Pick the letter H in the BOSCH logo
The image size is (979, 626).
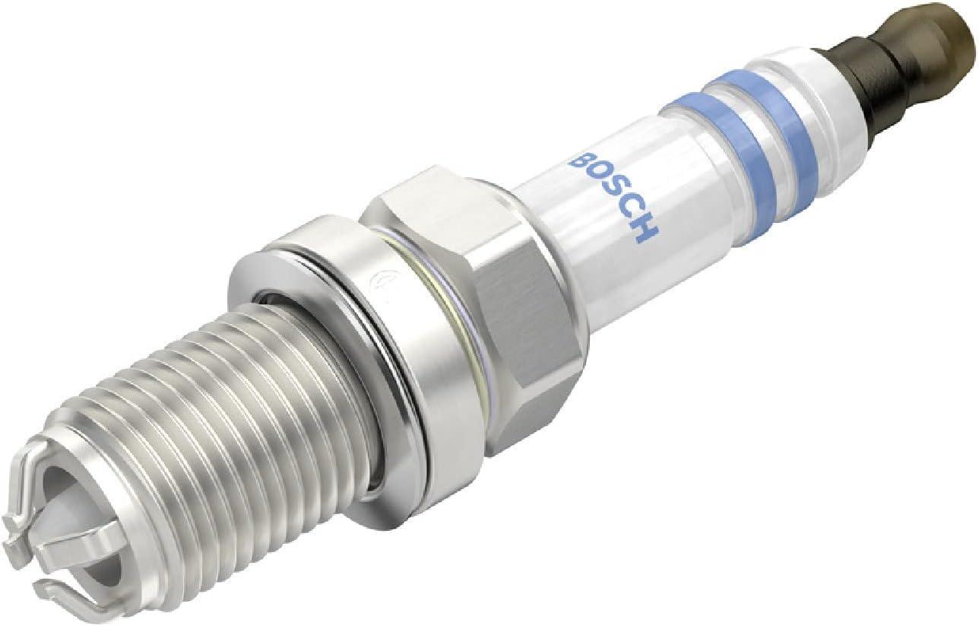click(x=645, y=229)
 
